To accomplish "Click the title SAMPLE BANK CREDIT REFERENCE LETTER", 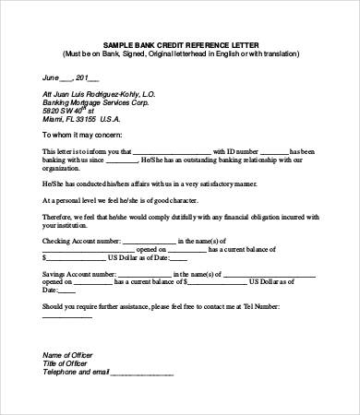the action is pos(180,44).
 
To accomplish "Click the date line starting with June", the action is pos(64,77).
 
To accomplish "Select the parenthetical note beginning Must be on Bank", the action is pos(180,53).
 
